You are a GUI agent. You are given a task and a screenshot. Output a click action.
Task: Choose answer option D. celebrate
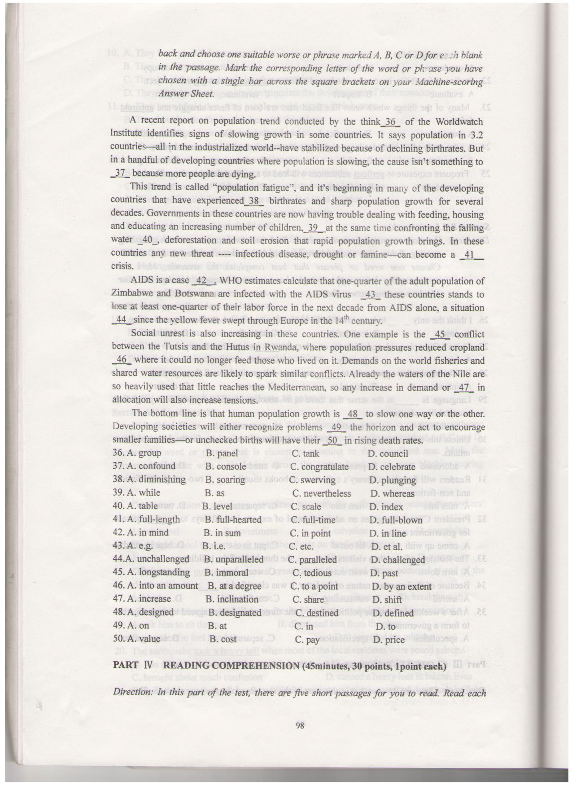pyautogui.click(x=391, y=467)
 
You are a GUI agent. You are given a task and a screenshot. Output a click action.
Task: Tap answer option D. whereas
pyautogui.click(x=393, y=494)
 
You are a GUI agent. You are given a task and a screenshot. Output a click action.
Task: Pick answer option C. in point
pyautogui.click(x=310, y=533)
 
